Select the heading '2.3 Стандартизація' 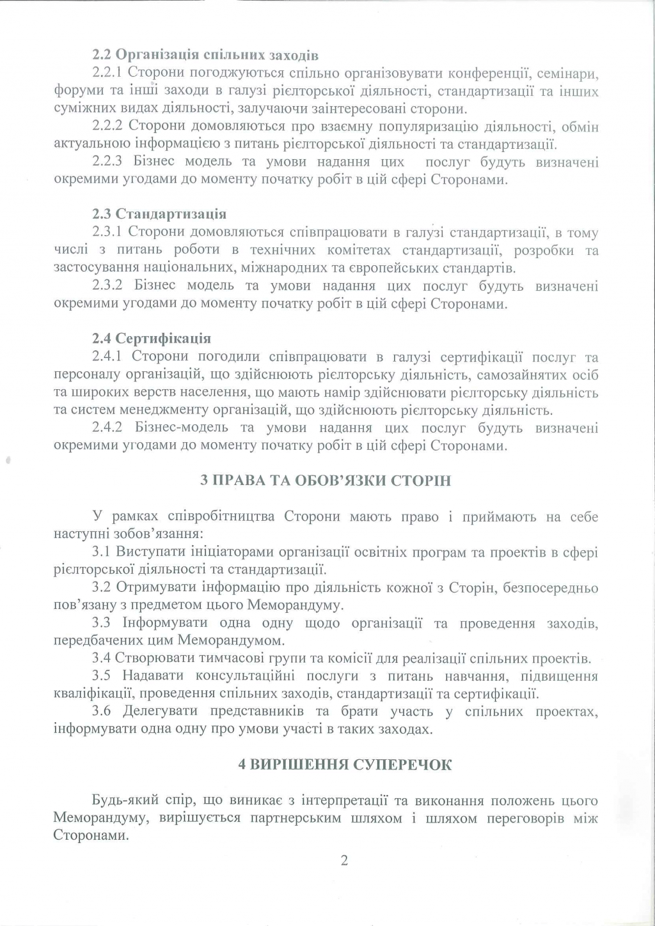pos(159,213)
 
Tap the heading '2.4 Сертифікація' pos(152,338)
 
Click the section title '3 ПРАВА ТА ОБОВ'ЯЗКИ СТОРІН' pos(326,481)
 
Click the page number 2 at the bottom pos(344,860)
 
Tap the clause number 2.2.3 pos(111,162)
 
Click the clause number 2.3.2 pos(111,286)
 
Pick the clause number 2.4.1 pos(111,357)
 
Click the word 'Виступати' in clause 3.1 pos(146,552)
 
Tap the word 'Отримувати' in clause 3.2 pos(150,587)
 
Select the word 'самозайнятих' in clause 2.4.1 pos(515,374)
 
